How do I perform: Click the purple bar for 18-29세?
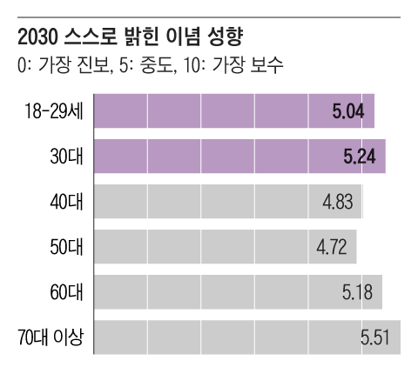click(233, 111)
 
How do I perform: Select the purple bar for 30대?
click(239, 157)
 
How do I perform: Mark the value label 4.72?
click(331, 247)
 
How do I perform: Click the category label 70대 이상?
click(51, 337)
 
